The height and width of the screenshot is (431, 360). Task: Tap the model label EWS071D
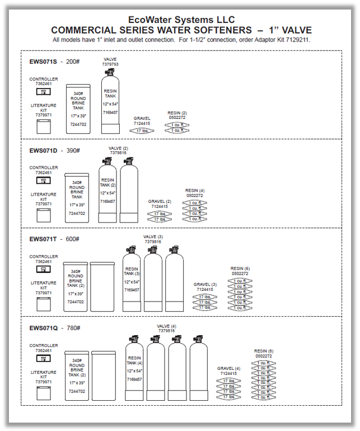44,150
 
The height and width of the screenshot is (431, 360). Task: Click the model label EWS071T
44,239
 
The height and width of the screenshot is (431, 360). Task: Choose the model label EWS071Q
44,328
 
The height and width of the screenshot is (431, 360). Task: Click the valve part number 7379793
110,64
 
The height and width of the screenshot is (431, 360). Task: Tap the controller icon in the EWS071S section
44,91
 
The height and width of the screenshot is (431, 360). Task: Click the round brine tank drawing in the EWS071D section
77,197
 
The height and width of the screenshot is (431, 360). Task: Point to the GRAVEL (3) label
205,284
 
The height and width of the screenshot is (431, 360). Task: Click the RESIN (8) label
263,351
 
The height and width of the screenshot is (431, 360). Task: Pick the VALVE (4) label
166,326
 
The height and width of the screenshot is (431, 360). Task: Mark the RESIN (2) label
177,113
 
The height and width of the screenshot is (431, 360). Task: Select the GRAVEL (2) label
160,201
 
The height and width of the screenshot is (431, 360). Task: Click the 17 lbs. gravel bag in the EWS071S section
142,131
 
